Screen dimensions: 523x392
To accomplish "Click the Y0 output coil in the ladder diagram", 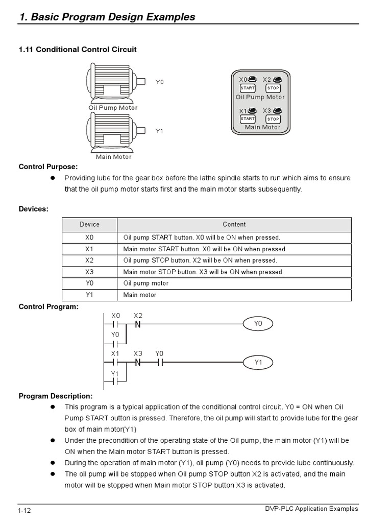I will (x=258, y=324).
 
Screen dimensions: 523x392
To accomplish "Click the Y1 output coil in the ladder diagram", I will (x=258, y=363).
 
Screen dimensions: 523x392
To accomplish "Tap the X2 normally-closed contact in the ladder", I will (x=138, y=324).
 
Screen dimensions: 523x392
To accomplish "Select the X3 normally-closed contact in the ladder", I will (x=138, y=363).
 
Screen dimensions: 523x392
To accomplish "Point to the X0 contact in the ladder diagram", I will (x=115, y=324).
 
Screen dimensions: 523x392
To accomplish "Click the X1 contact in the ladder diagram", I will (x=115, y=363).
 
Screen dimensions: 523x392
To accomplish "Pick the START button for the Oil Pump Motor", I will (x=248, y=88).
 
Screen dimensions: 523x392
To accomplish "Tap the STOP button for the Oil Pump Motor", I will (x=273, y=88).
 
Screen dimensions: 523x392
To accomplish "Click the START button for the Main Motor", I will (x=248, y=119).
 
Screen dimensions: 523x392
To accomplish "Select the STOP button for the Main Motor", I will (x=273, y=119).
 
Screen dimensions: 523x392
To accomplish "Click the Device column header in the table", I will (x=90, y=224).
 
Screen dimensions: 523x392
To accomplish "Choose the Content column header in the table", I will (x=234, y=224).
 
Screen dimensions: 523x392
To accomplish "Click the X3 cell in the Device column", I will (x=90, y=272).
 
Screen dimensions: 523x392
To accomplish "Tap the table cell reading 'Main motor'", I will (x=140, y=295).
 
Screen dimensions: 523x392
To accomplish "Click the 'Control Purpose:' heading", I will (x=48, y=167).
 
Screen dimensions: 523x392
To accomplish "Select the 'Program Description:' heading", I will (x=56, y=396).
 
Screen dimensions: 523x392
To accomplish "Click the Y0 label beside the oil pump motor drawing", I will (x=160, y=82).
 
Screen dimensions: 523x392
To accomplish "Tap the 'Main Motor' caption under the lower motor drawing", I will (x=113, y=157).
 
